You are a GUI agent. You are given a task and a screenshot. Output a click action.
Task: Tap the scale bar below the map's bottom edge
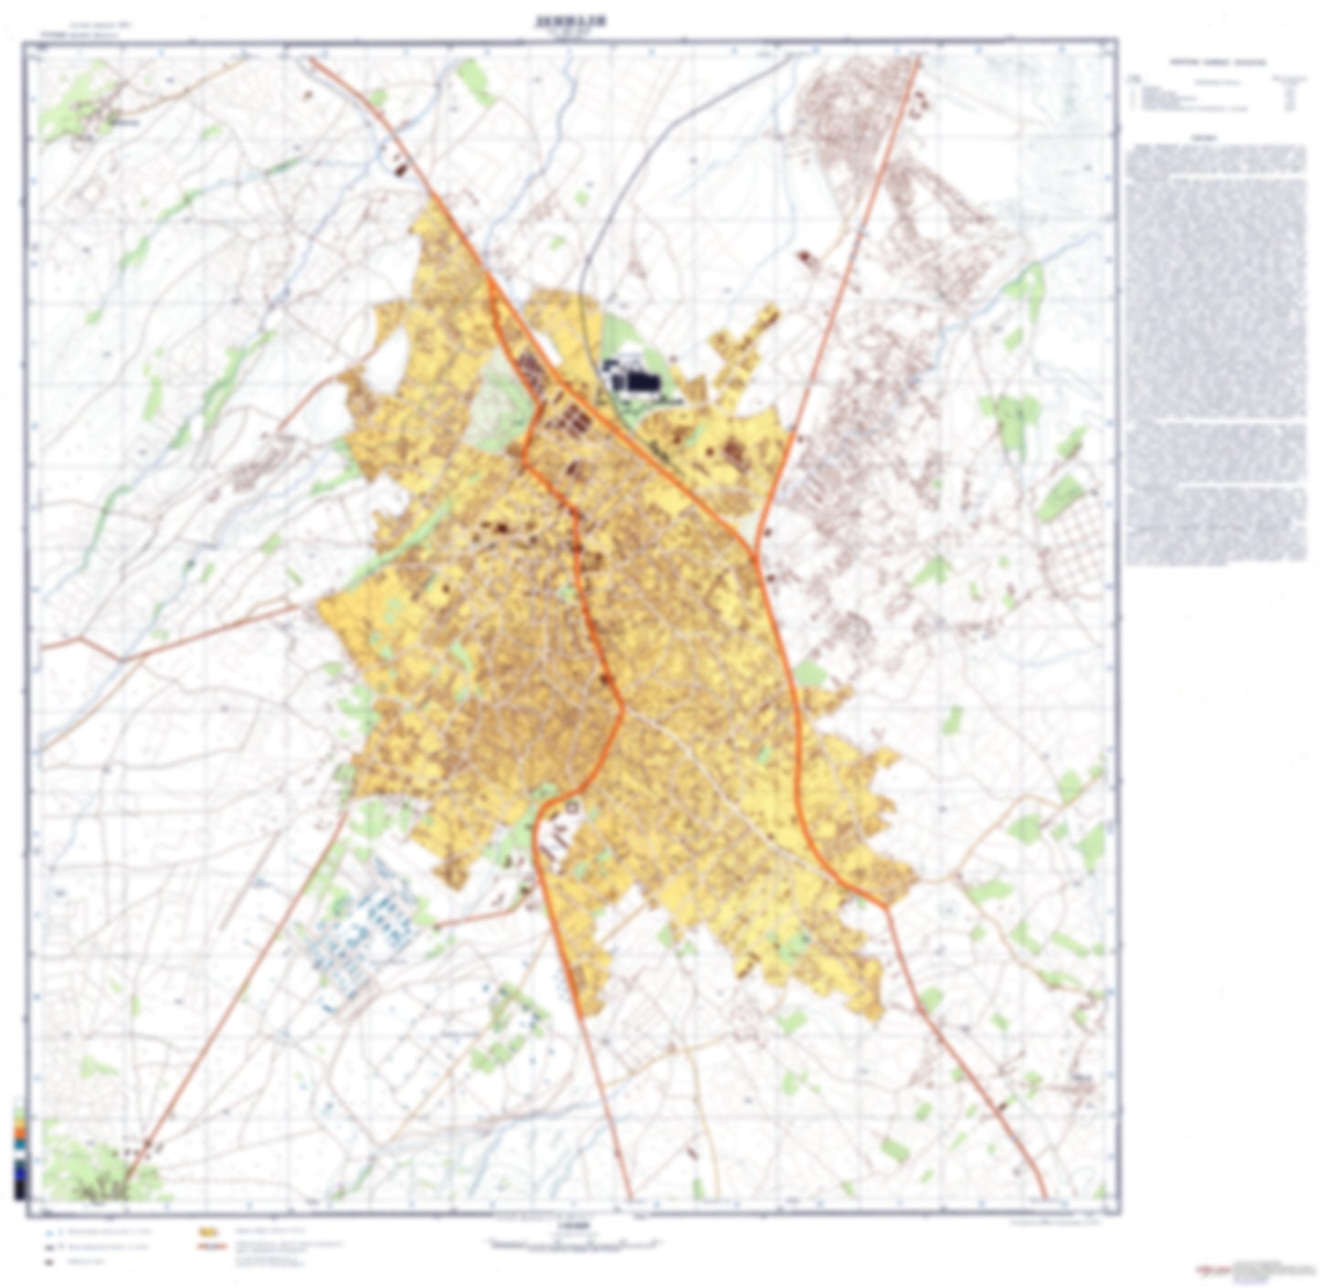point(573,1243)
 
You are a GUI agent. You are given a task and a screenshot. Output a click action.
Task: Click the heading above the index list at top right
point(1218,63)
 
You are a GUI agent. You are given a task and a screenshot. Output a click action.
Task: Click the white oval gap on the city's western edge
point(388,352)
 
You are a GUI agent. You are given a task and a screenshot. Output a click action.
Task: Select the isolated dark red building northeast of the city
point(804,257)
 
